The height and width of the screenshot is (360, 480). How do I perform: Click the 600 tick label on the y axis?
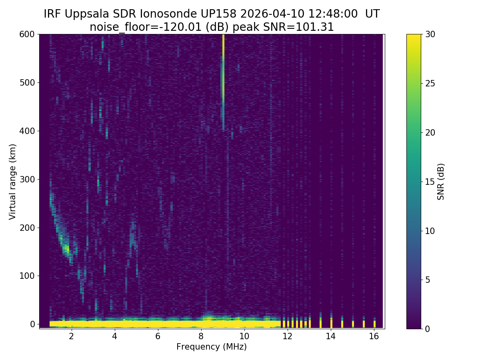click(x=27, y=34)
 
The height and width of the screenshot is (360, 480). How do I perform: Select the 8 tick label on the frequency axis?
click(x=201, y=336)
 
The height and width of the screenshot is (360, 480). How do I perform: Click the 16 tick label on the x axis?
click(x=374, y=336)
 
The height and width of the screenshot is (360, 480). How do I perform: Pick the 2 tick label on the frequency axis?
click(x=72, y=336)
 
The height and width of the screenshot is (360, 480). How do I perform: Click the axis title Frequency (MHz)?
click(x=211, y=347)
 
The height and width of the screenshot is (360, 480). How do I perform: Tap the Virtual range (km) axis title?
click(x=13, y=181)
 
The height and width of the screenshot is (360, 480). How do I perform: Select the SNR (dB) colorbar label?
click(x=441, y=181)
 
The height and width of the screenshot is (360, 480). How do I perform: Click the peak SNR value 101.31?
click(x=316, y=27)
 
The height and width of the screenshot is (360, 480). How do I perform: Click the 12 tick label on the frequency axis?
click(x=288, y=336)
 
